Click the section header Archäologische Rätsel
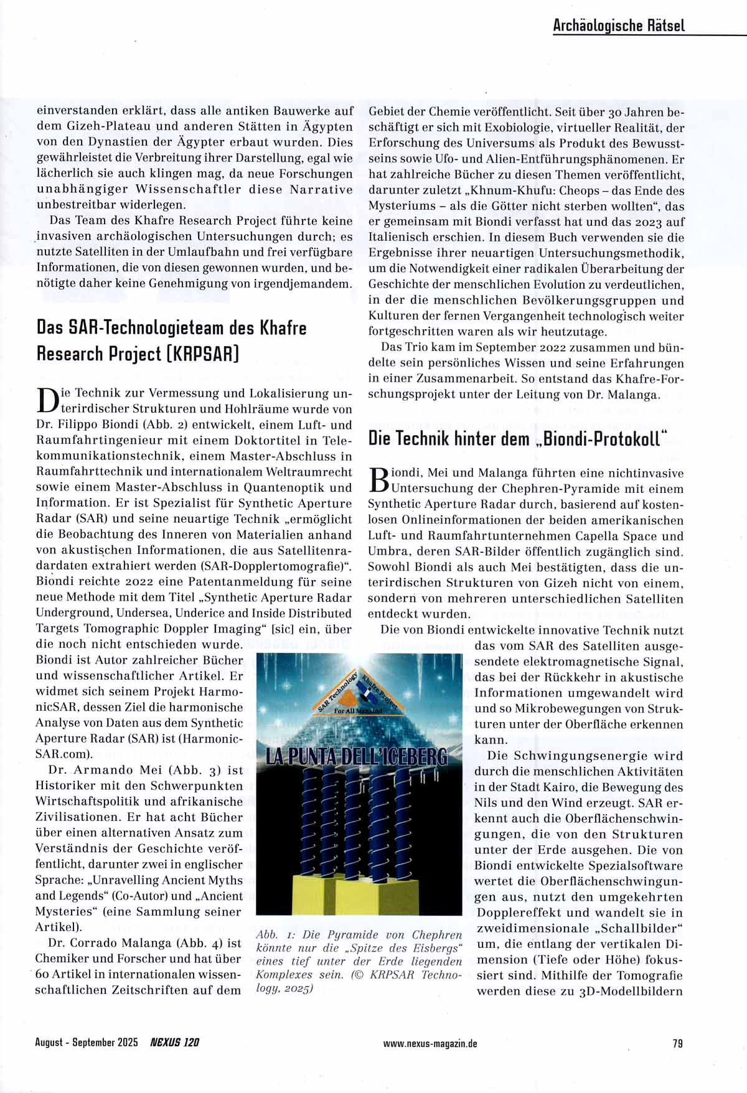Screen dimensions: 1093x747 pos(618,25)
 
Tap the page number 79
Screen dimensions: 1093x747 pos(677,1043)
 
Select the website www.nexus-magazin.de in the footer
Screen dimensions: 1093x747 pos(430,1044)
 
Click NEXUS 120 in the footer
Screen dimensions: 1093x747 pos(174,1043)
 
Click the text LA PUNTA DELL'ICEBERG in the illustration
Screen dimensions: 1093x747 pos(356,756)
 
